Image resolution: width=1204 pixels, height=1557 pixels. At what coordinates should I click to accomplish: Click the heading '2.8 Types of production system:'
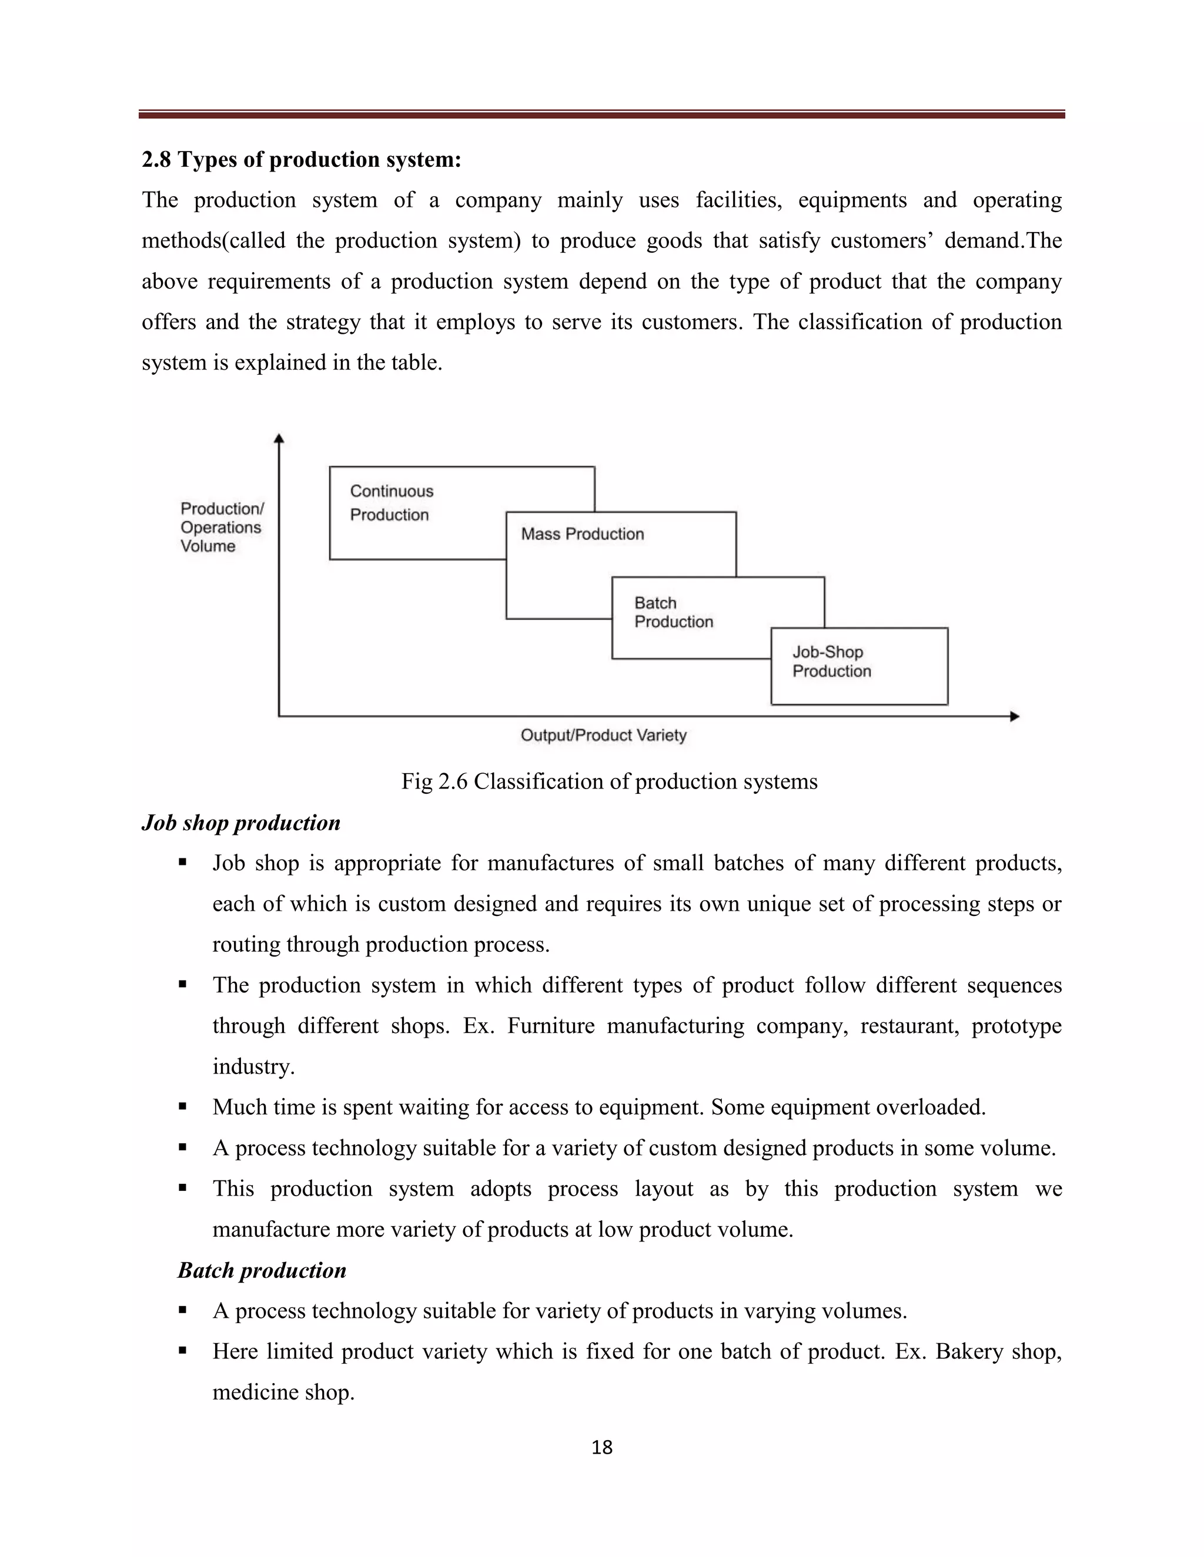(x=301, y=160)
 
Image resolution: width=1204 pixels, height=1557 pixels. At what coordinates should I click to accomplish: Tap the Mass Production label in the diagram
(x=582, y=534)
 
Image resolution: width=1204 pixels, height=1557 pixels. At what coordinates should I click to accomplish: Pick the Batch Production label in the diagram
(x=673, y=612)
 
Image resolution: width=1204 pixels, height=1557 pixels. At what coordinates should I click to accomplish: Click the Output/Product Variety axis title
(x=603, y=735)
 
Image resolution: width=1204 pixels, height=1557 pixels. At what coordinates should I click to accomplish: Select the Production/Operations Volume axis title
(x=221, y=528)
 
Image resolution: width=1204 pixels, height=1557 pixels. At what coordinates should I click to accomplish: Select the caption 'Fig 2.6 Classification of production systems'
(x=609, y=781)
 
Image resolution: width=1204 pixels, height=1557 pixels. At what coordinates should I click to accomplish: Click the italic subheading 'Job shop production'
(x=241, y=823)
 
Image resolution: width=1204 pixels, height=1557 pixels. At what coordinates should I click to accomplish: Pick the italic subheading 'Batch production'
(x=262, y=1270)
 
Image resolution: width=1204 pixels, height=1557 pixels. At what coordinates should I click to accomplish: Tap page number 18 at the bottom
(x=602, y=1447)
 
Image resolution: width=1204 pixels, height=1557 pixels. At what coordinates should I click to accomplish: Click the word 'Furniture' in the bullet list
(x=551, y=1026)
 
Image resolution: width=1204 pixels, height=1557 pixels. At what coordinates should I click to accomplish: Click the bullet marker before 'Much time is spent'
(x=183, y=1106)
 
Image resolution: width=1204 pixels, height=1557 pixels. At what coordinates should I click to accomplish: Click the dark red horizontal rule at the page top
(x=601, y=114)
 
